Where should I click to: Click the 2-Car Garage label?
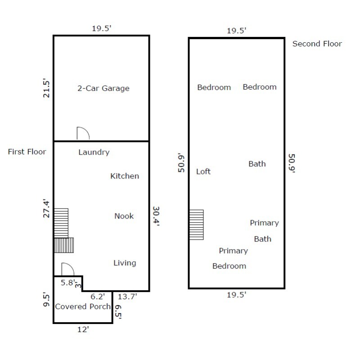[103, 88]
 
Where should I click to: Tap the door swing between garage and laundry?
[83, 134]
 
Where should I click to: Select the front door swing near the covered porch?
[67, 269]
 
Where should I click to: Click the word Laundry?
[94, 152]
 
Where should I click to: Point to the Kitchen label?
[125, 176]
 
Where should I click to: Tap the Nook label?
[124, 216]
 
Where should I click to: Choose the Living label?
[125, 263]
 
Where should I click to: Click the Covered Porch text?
[83, 307]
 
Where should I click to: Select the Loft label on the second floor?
[203, 172]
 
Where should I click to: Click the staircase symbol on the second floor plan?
[196, 224]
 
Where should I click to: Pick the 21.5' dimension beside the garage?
[45, 89]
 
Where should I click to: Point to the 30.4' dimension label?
[156, 216]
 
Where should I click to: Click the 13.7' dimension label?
[127, 296]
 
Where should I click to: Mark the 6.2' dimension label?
[98, 296]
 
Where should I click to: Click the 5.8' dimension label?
[67, 283]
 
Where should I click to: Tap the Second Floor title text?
[317, 44]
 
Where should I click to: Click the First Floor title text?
[27, 152]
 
